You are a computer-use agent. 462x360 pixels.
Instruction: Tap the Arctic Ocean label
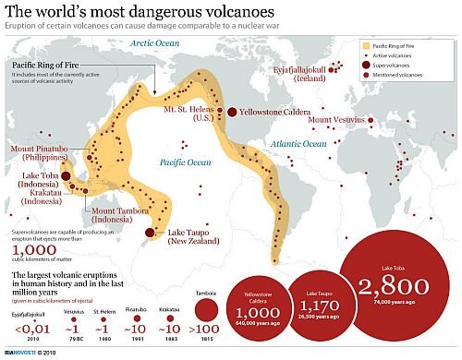coord(154,43)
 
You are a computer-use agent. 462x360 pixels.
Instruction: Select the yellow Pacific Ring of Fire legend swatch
coord(366,43)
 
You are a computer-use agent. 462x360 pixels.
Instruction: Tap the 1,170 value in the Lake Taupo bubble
coord(312,308)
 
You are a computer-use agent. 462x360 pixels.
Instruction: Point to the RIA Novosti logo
coord(20,353)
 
